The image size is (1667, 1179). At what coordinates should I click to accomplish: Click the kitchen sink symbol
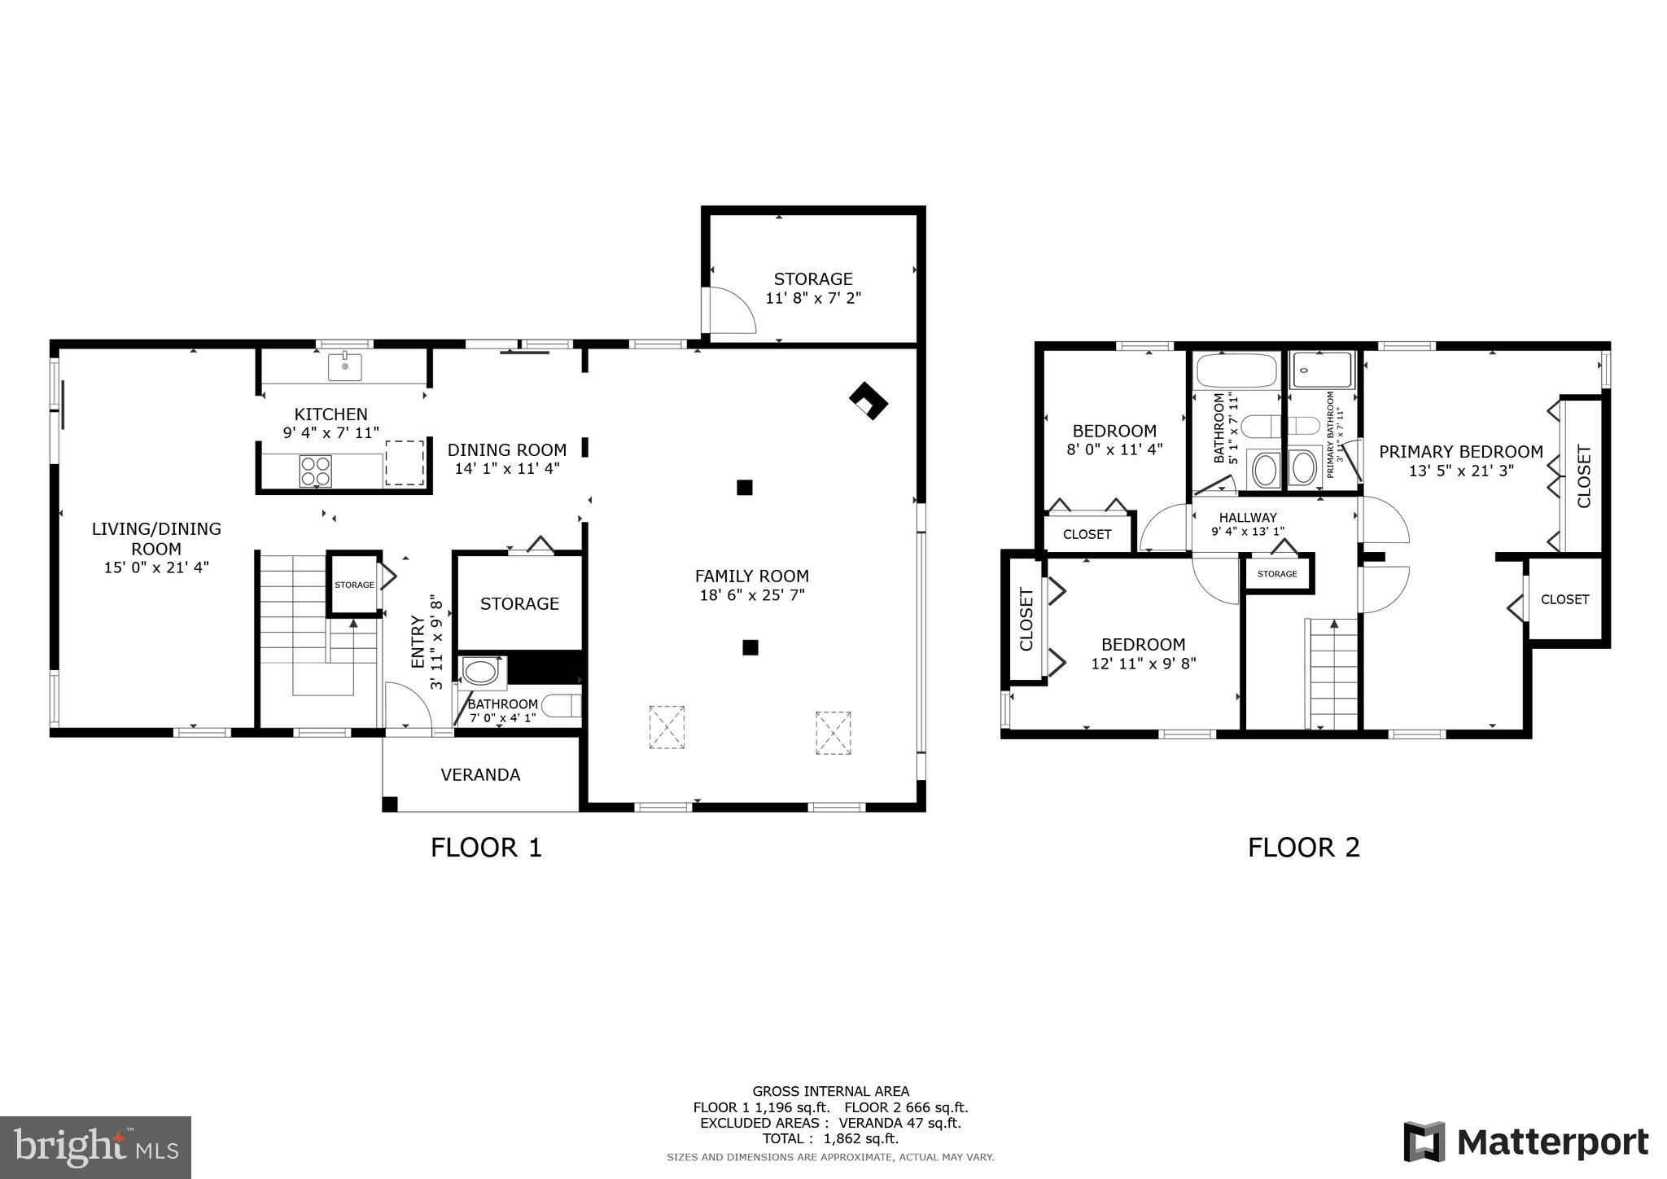pyautogui.click(x=345, y=367)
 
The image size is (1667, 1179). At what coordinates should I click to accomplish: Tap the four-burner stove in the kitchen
pyautogui.click(x=315, y=471)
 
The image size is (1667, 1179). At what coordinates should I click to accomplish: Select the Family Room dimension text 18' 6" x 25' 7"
pyautogui.click(x=751, y=595)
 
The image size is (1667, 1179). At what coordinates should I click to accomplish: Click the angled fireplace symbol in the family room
pyautogui.click(x=868, y=401)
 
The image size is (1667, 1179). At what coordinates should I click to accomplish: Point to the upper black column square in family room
pyautogui.click(x=744, y=488)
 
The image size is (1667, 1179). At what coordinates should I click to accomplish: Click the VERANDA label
pyautogui.click(x=480, y=774)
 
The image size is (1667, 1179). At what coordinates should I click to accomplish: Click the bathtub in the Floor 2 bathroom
pyautogui.click(x=1236, y=370)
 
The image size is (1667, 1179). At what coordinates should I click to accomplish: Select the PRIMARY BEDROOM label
pyautogui.click(x=1460, y=451)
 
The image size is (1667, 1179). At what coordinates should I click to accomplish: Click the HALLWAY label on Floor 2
pyautogui.click(x=1247, y=517)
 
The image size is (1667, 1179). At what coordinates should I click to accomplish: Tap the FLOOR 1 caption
pyautogui.click(x=486, y=848)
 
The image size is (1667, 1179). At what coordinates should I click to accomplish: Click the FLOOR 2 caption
pyautogui.click(x=1303, y=848)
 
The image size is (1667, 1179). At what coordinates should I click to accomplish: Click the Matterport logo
pyautogui.click(x=1526, y=1142)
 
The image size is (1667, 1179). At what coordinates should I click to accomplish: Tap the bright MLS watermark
pyautogui.click(x=96, y=1147)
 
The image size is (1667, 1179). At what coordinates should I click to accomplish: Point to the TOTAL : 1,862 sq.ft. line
pyautogui.click(x=830, y=1138)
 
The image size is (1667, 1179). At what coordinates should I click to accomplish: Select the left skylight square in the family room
pyautogui.click(x=666, y=726)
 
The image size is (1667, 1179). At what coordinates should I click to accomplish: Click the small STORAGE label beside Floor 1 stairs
pyautogui.click(x=354, y=585)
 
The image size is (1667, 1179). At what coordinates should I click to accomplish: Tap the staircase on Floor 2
pyautogui.click(x=1332, y=674)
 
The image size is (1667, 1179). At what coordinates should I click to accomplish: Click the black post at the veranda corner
pyautogui.click(x=390, y=804)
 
